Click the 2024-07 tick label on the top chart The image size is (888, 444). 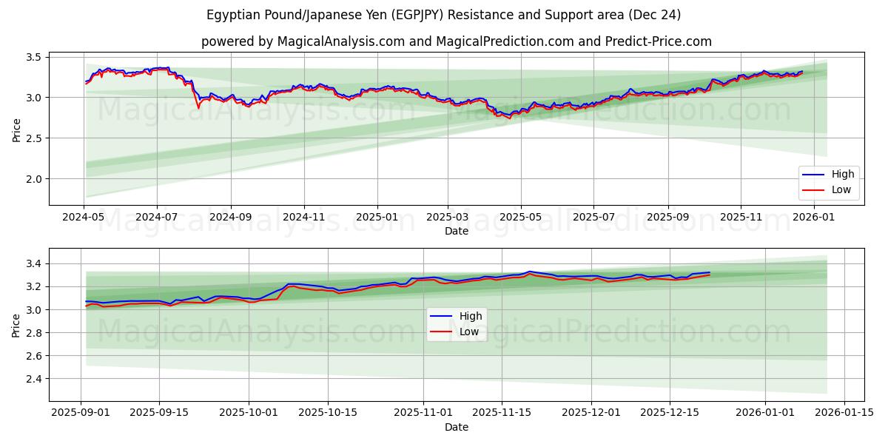tap(156, 217)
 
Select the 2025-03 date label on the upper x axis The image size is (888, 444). tap(447, 217)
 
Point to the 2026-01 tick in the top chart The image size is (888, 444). tap(814, 217)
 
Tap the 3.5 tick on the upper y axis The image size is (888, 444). tap(33, 57)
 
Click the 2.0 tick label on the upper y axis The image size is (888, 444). tap(33, 179)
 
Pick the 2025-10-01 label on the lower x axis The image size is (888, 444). tap(249, 413)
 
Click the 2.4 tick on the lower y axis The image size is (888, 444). tap(33, 379)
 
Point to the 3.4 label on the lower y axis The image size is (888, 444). tap(33, 264)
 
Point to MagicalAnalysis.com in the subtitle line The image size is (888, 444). tap(340, 41)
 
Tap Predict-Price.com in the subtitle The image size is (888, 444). tap(659, 41)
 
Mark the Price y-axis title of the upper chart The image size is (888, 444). tap(17, 130)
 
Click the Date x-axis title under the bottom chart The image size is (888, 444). tap(457, 427)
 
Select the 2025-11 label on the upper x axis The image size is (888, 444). tap(741, 217)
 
